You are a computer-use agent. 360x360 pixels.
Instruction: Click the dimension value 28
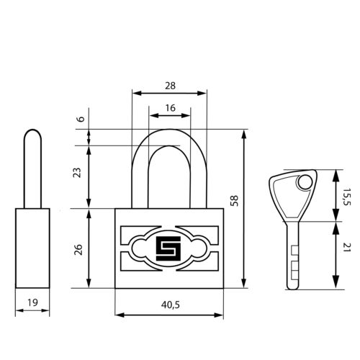point(170,86)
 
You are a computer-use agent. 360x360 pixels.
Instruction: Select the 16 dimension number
point(170,108)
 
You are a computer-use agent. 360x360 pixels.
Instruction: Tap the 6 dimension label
point(81,119)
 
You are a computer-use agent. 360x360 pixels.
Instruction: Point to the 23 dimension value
point(77,173)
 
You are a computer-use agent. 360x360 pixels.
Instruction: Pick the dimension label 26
point(78,250)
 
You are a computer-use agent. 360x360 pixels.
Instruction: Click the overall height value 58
point(234,201)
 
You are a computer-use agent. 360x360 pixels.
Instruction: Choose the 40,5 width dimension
point(171,305)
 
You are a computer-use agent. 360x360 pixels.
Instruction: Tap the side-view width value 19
point(32,302)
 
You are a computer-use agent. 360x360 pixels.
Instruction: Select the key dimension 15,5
point(346,197)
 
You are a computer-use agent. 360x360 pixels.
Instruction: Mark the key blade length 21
point(347,248)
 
